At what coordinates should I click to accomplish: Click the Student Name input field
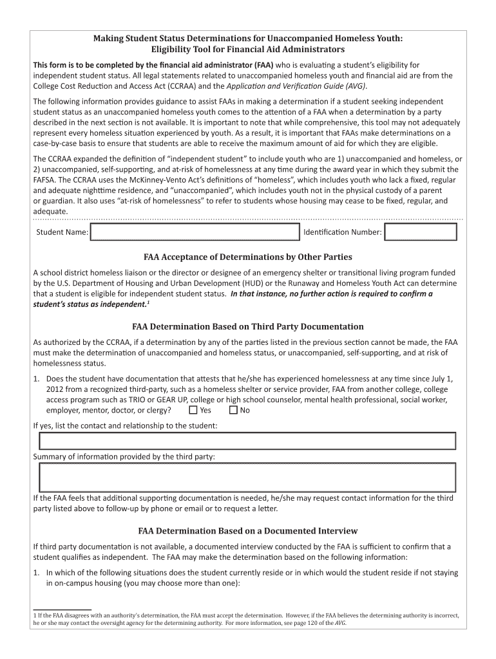[x=195, y=232]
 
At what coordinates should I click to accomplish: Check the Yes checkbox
[x=193, y=410]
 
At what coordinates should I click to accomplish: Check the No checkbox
[x=233, y=410]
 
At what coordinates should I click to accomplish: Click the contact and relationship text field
[x=247, y=441]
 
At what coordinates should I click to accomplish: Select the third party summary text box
[x=247, y=478]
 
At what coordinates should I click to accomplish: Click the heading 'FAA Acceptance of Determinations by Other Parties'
[x=247, y=257]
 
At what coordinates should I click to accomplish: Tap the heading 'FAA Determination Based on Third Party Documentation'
[x=247, y=326]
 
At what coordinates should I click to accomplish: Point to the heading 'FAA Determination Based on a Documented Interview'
[x=247, y=531]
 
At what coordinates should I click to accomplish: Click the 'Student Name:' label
[x=62, y=232]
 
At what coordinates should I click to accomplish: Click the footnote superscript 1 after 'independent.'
[x=148, y=302]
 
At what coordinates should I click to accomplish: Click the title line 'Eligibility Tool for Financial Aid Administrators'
[x=247, y=50]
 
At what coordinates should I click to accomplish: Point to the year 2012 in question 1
[x=56, y=389]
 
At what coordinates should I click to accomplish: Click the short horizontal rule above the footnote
[x=62, y=608]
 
